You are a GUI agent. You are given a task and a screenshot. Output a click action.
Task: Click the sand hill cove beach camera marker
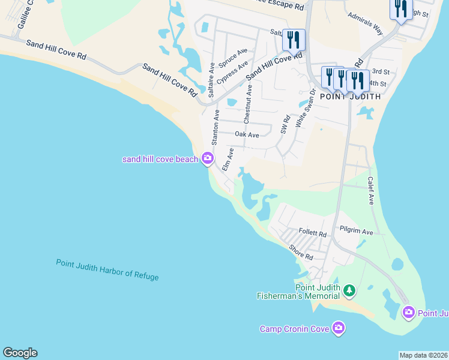point(208,158)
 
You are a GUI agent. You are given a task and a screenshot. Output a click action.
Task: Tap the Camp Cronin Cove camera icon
point(339,328)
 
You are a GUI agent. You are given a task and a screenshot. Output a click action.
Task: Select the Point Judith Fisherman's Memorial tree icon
point(349,291)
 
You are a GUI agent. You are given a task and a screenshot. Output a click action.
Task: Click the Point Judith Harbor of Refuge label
point(107,269)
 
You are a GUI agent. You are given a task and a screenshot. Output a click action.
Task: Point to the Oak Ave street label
point(247,135)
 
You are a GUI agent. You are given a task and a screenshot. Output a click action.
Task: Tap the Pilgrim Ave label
point(356,232)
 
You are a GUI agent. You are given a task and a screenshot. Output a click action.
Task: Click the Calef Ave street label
point(371,191)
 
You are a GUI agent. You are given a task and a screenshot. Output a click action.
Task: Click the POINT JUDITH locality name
point(350,96)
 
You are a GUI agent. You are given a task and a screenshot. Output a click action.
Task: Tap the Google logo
point(20,353)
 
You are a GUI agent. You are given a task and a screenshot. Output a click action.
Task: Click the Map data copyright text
point(423,355)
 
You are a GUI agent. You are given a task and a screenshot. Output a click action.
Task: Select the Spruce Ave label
point(233,58)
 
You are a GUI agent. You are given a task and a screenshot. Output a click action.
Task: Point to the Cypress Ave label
point(233,71)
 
